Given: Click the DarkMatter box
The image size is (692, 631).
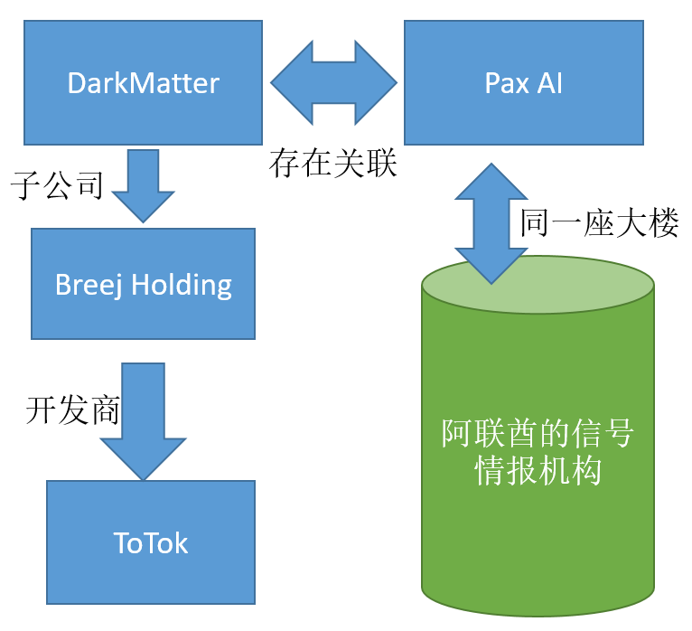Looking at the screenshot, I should point(143,83).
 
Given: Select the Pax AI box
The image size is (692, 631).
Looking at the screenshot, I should point(523,83).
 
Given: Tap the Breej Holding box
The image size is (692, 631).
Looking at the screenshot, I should point(143,284).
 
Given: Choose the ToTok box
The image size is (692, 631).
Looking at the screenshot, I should point(150,542).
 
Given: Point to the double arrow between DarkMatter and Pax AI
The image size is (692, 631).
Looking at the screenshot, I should point(333,82).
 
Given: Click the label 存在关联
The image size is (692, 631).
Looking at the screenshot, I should point(332,164).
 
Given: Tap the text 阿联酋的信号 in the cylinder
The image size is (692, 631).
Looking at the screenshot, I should point(538,435).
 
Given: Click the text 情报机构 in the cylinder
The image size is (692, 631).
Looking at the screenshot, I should point(538,471).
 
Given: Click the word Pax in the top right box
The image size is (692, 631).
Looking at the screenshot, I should point(506,83).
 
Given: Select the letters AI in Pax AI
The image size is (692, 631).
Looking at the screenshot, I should point(550,83).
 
